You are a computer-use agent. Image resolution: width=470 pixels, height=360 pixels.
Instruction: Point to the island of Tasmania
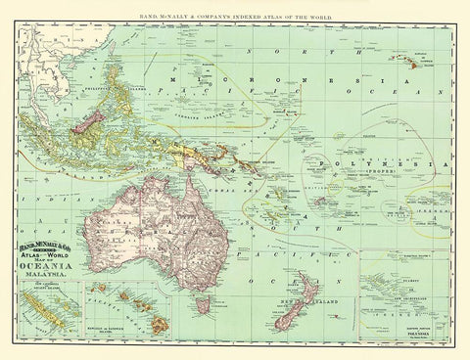click(203, 305)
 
